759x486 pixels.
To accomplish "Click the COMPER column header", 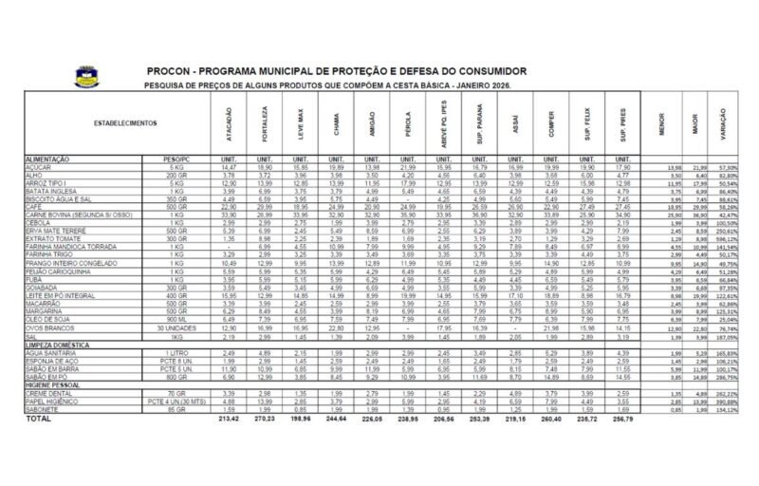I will (549, 123).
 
